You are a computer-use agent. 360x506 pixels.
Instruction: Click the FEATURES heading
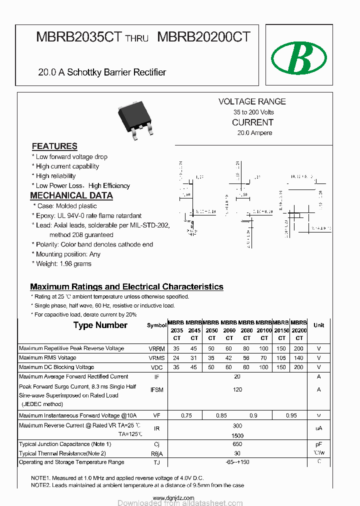pyautogui.click(x=54, y=146)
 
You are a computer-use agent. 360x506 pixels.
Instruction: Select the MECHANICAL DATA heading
pyautogui.click(x=71, y=195)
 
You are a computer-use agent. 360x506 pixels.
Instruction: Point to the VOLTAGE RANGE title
pyautogui.click(x=252, y=101)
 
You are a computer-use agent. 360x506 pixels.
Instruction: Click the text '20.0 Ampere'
pyautogui.click(x=254, y=133)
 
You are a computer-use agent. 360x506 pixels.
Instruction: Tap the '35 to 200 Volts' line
pyautogui.click(x=253, y=112)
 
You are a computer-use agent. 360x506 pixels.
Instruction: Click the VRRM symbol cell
pyautogui.click(x=156, y=348)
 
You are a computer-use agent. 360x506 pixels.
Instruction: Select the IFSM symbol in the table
pyautogui.click(x=156, y=390)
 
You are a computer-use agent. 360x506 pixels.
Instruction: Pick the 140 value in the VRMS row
pyautogui.click(x=298, y=358)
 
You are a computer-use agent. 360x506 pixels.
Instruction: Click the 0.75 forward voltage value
pyautogui.click(x=186, y=415)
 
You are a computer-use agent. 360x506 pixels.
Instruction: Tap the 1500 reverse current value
pyautogui.click(x=237, y=435)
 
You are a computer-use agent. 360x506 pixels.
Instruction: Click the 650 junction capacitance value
pyautogui.click(x=237, y=444)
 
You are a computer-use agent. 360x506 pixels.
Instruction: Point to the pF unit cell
pyautogui.click(x=318, y=444)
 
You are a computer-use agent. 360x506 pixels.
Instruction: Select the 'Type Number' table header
pyautogui.click(x=100, y=325)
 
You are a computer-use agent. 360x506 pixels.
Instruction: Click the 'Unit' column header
pyautogui.click(x=318, y=325)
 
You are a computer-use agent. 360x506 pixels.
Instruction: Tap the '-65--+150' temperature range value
pyautogui.click(x=237, y=462)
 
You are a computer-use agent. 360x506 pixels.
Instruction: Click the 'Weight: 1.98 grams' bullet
pyautogui.click(x=63, y=263)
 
